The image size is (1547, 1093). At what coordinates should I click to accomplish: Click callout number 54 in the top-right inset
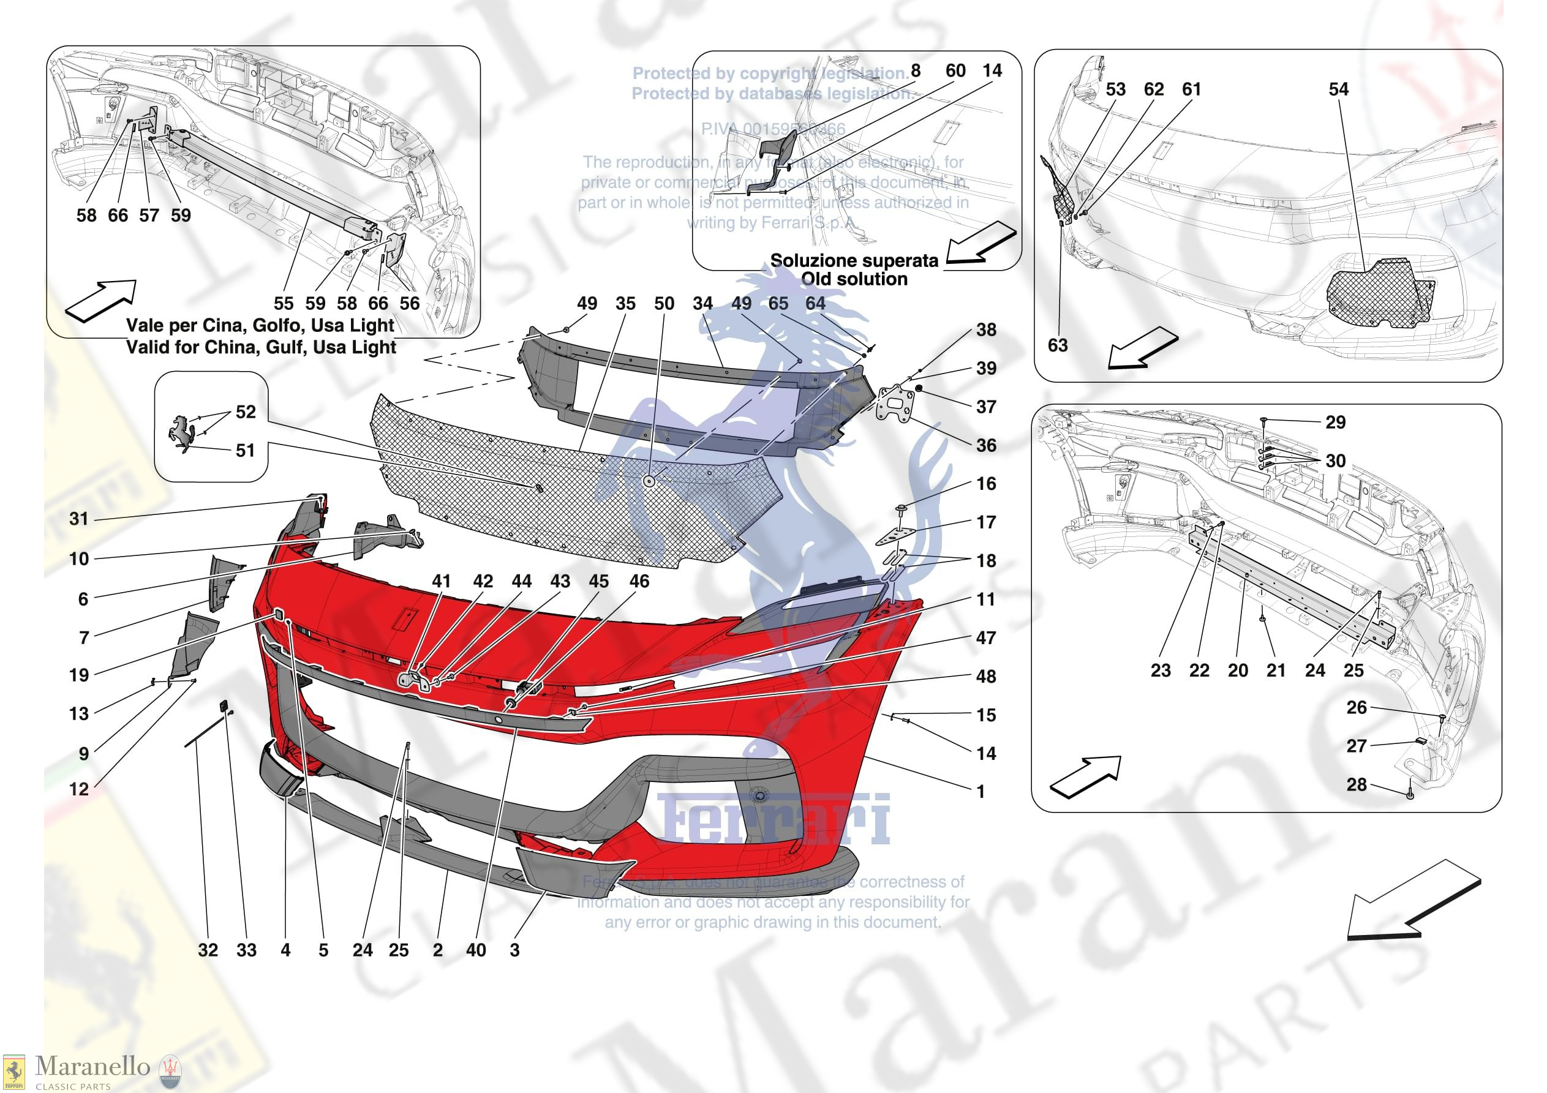1338,89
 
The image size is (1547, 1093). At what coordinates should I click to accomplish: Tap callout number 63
1057,346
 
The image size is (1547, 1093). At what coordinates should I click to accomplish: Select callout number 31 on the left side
79,519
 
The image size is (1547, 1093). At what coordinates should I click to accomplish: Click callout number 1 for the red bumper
981,792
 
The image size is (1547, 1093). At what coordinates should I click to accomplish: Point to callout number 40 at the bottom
476,950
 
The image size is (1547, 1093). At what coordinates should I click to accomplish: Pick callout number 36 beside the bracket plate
986,445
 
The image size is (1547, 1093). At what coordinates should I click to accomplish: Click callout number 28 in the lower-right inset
1357,784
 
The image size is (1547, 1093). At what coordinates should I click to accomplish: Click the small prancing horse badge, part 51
182,434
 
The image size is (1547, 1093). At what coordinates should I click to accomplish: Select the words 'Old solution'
854,279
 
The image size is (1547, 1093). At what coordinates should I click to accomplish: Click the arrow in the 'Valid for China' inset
101,301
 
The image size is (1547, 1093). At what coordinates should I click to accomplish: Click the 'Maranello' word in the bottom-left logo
92,1066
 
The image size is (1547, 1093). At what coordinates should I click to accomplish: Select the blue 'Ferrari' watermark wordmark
773,819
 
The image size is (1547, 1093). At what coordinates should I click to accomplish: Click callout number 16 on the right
986,484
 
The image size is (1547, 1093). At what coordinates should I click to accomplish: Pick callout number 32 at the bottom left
208,950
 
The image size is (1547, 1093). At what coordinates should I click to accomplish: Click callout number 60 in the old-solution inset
955,71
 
